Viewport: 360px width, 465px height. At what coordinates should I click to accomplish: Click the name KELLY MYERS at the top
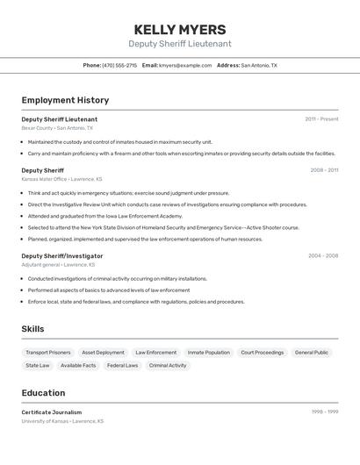pos(180,29)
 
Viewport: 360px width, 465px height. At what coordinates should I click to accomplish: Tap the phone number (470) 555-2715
pos(119,65)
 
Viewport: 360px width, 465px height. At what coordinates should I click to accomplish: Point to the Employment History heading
pos(65,100)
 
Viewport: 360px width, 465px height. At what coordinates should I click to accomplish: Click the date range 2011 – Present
pos(321,119)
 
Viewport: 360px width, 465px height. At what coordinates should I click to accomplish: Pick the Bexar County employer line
pos(57,128)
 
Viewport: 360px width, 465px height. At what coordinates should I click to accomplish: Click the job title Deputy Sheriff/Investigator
pos(61,256)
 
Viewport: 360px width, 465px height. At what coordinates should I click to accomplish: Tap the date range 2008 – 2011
pos(323,170)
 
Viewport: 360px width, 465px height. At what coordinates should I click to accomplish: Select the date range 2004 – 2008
pos(322,256)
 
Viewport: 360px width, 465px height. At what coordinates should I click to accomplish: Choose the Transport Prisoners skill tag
pos(48,353)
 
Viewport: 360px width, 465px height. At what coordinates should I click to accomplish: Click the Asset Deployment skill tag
pos(103,353)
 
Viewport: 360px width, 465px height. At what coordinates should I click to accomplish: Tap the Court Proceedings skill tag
pos(262,353)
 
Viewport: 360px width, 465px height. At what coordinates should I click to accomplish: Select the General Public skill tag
pos(312,353)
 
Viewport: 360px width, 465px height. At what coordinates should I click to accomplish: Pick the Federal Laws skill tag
pos(122,366)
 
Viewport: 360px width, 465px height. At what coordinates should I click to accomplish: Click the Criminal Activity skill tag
pos(167,366)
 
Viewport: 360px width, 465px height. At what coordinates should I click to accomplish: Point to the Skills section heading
pos(33,329)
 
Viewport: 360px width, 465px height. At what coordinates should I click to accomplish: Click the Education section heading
pos(43,393)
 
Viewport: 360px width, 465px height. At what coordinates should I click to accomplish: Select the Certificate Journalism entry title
pos(52,412)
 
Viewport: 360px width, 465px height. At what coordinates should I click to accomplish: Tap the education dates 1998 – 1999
pos(324,412)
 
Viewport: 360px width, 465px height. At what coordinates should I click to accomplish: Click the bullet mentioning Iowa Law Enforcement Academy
pos(105,216)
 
